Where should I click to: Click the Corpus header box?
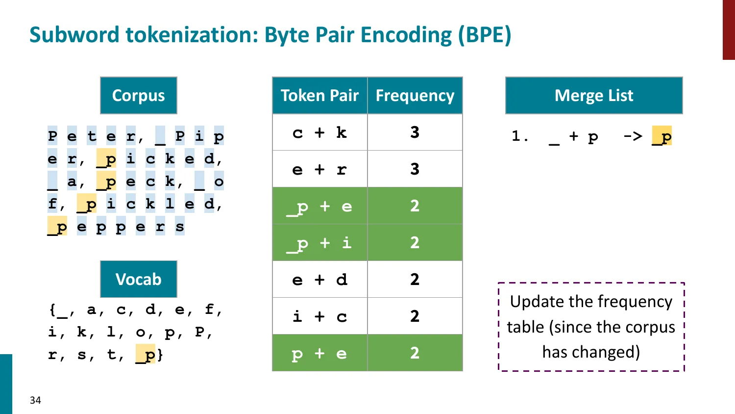139,95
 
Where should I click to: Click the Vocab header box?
139,279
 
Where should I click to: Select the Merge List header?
594,95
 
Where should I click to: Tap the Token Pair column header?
319,95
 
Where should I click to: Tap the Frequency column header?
415,95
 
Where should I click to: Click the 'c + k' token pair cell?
319,132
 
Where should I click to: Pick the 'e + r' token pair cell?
319,169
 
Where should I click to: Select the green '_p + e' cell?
319,206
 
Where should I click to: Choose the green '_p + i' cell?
319,243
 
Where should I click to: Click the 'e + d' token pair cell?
319,280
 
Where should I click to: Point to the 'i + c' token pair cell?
319,316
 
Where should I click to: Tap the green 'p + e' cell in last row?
319,353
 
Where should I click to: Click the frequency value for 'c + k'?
415,132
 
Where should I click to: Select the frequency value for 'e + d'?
415,280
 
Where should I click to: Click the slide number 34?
35,400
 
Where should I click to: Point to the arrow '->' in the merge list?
633,136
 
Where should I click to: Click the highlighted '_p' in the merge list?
662,136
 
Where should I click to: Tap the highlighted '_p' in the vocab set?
146,354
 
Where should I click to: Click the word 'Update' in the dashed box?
533,302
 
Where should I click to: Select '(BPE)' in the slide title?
484,35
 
